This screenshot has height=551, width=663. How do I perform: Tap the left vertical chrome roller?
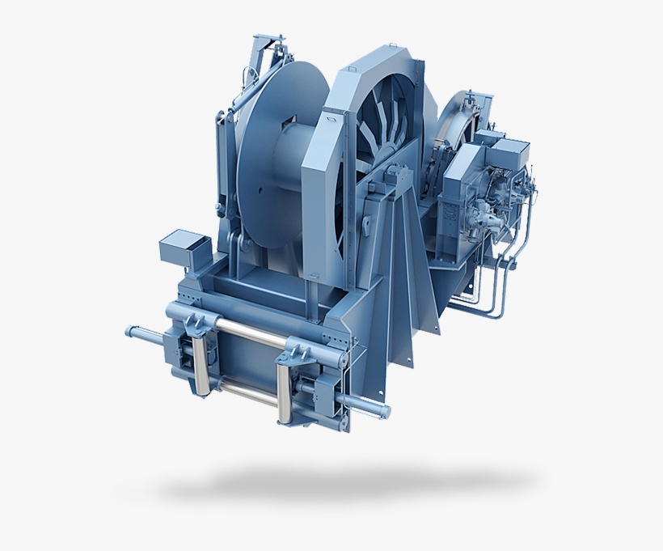(x=196, y=356)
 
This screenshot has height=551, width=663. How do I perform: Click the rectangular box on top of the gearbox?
(x=510, y=150)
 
